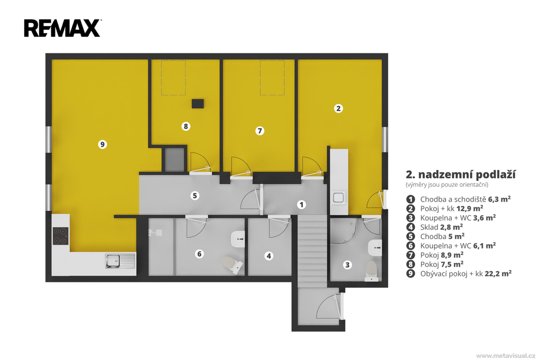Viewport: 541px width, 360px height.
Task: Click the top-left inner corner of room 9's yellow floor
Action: [x=52, y=60]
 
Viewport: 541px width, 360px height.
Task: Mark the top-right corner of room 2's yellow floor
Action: [x=381, y=60]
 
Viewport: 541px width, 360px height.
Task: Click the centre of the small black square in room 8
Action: [x=198, y=103]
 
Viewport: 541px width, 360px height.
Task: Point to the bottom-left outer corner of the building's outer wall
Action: [x=45, y=282]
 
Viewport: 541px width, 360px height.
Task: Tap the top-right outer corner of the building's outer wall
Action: [x=388, y=53]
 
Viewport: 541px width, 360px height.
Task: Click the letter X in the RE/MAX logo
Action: [x=91, y=29]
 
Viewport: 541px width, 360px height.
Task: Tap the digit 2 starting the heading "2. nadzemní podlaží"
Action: [x=409, y=175]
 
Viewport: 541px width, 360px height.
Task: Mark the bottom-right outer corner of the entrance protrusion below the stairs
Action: [x=345, y=331]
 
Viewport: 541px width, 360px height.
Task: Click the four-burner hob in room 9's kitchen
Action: [x=60, y=236]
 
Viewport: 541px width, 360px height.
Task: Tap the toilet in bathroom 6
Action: [x=232, y=264]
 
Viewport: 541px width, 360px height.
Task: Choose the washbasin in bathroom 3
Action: [x=375, y=248]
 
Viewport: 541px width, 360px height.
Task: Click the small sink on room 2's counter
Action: [x=338, y=197]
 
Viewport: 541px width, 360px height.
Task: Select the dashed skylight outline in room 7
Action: [x=272, y=78]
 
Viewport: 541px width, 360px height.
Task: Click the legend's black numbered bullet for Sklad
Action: [x=410, y=227]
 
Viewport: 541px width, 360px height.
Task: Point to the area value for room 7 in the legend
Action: [x=452, y=255]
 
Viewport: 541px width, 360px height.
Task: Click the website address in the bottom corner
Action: [x=506, y=356]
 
